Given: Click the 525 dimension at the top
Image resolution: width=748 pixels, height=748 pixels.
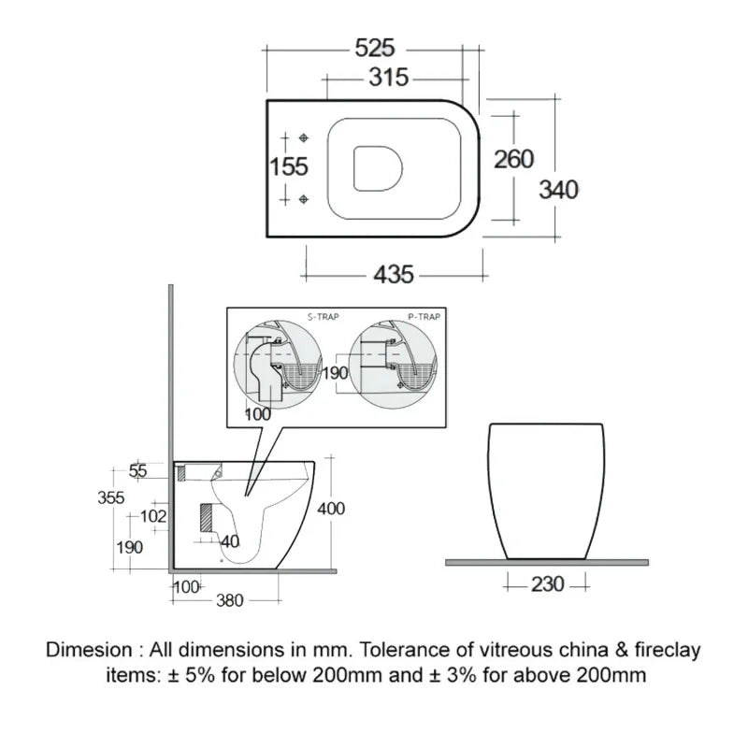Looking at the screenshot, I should click(x=373, y=47).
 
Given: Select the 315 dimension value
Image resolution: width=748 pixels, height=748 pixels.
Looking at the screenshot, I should click(x=387, y=78).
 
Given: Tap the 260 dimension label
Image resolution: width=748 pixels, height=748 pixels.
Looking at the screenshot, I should click(x=513, y=159).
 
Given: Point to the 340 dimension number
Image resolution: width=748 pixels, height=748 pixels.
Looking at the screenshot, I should click(x=558, y=190).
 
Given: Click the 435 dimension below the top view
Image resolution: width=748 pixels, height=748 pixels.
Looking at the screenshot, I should click(x=394, y=275).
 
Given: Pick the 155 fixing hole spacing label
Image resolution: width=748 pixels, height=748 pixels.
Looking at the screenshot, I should click(x=289, y=166).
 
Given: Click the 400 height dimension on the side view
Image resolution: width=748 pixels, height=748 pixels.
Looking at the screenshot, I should click(x=331, y=509).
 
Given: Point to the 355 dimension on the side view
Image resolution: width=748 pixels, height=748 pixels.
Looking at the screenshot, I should click(x=110, y=498).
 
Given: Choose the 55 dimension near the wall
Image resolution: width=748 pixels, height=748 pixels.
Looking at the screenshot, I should click(x=137, y=471).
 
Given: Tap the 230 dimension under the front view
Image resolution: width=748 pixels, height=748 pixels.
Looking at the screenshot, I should click(x=547, y=584).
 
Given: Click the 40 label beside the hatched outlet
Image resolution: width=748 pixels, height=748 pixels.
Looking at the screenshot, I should click(x=230, y=541).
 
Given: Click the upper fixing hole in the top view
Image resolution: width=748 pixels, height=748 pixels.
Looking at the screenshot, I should click(x=303, y=137).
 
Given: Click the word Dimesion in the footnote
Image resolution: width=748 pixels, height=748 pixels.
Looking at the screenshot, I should click(x=90, y=649).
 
